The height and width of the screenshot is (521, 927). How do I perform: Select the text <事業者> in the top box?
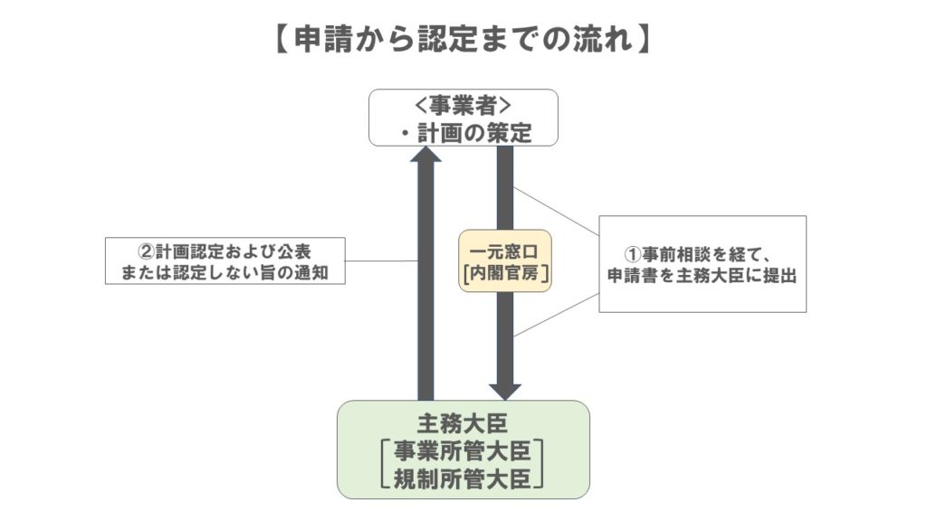tap(463, 106)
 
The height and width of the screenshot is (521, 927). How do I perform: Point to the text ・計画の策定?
tap(463, 132)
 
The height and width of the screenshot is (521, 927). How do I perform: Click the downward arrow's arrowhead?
tap(504, 390)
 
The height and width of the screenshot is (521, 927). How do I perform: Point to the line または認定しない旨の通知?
tap(226, 271)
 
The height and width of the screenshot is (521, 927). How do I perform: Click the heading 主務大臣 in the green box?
tap(463, 422)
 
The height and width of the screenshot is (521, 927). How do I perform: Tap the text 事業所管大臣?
tap(463, 450)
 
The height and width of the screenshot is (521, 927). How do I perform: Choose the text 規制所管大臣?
tap(463, 477)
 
